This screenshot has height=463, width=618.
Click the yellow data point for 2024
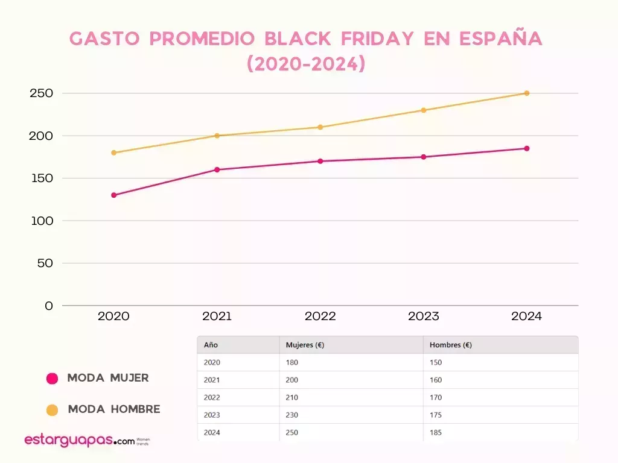point(527,93)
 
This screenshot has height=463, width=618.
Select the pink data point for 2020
point(113,195)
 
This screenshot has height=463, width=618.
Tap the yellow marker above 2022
point(320,127)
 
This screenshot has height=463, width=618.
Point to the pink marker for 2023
point(424,157)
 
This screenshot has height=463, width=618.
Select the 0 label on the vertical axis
point(49,306)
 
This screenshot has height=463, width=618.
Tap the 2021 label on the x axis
point(217,317)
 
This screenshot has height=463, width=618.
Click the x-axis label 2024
point(526,317)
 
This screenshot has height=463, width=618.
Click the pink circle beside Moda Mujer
point(53,379)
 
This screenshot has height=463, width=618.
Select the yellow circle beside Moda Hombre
point(53,410)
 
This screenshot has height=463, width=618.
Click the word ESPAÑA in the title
point(501,39)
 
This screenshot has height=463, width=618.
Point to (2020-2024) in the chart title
point(307,64)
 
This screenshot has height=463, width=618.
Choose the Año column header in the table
point(211,345)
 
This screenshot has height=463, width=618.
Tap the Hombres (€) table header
point(450,345)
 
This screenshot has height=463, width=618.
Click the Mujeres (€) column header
point(305,345)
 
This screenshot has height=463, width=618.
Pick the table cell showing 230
point(292,415)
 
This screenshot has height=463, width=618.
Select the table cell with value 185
point(436,432)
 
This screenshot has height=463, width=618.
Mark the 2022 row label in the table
point(212,397)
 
